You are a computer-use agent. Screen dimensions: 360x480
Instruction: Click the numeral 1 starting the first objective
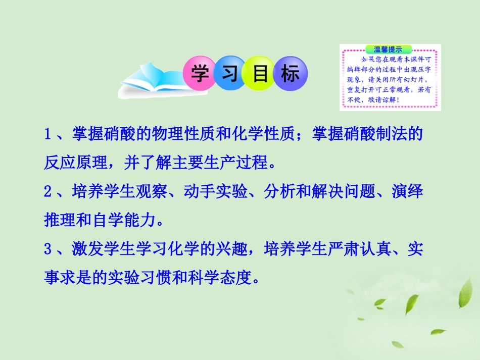(49, 134)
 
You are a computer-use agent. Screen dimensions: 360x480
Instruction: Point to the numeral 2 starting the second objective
(49, 192)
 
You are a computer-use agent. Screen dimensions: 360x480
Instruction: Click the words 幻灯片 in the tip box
(415, 80)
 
